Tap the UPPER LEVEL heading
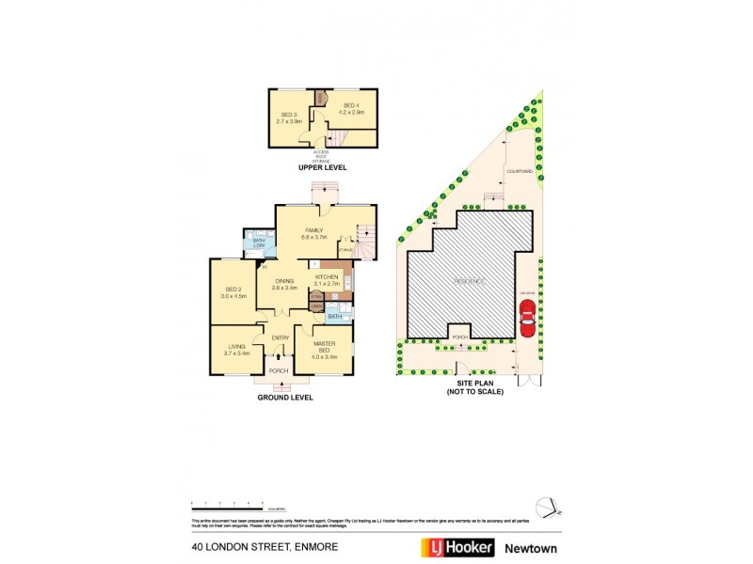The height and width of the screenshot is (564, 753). pos(322,167)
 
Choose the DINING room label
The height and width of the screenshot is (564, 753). pos(284,281)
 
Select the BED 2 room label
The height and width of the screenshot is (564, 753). pos(231,290)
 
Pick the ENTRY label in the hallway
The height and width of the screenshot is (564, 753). pos(280,338)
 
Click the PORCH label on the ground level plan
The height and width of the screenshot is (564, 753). pos(279,371)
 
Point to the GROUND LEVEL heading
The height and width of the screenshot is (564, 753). pos(285,398)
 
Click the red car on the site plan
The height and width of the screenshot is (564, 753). pos(527,320)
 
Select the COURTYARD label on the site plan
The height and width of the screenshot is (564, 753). pos(520,171)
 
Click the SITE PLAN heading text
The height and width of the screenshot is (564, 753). pos(474,384)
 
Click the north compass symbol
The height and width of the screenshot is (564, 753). pos(548,506)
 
